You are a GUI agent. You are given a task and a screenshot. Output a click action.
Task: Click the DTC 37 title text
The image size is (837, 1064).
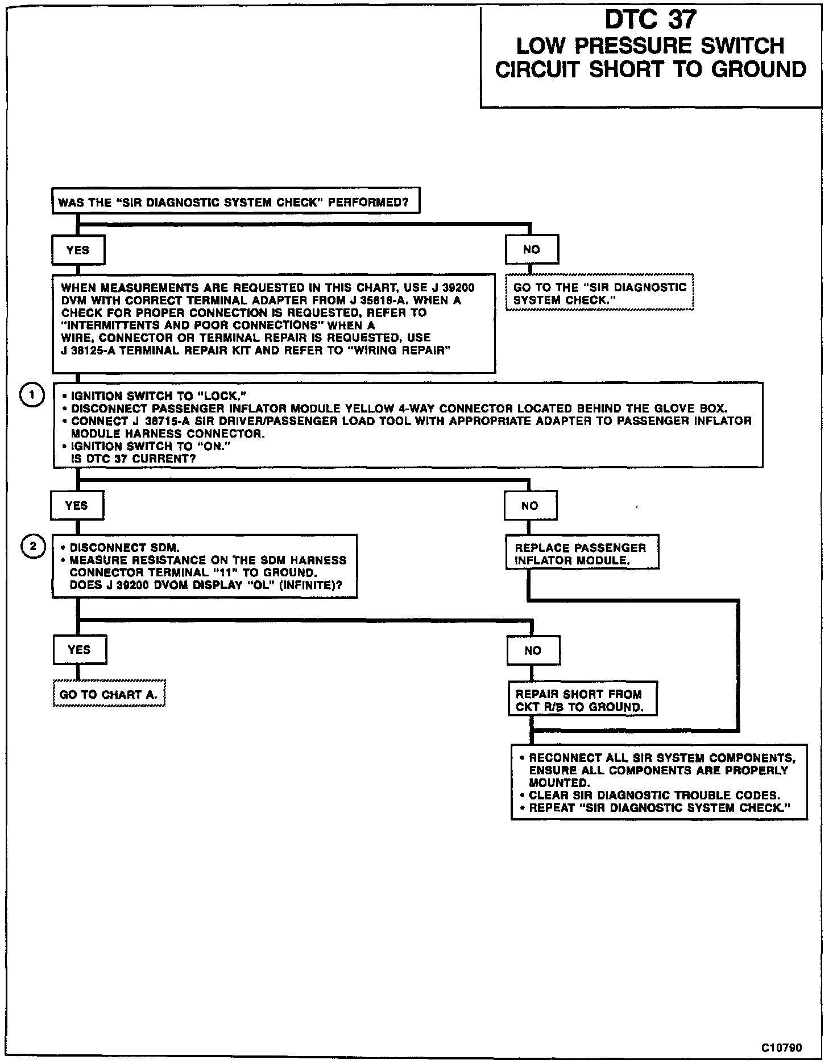click(x=650, y=20)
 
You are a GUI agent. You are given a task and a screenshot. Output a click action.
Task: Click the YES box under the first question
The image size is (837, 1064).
click(x=78, y=250)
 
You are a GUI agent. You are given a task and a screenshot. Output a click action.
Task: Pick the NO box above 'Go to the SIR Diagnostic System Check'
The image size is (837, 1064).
click(x=532, y=250)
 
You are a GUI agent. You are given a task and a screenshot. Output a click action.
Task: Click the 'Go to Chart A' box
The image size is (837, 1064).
click(x=109, y=695)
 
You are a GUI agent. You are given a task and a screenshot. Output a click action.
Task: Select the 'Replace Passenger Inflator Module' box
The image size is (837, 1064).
click(x=581, y=554)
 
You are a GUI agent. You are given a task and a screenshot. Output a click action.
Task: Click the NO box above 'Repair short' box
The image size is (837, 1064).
click(x=533, y=650)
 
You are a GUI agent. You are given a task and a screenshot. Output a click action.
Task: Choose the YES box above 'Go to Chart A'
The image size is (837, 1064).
click(x=79, y=650)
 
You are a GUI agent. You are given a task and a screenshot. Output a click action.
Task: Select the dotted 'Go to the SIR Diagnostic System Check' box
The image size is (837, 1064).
click(x=599, y=294)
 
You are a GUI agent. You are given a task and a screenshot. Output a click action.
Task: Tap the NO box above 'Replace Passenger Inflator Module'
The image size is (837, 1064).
click(x=530, y=506)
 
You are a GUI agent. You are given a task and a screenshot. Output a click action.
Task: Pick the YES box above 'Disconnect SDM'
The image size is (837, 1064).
click(x=77, y=506)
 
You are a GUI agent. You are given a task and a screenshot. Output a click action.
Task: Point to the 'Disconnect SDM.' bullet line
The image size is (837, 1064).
click(x=124, y=548)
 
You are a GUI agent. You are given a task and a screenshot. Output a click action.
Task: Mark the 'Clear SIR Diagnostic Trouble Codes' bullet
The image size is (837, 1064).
click(x=654, y=795)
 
